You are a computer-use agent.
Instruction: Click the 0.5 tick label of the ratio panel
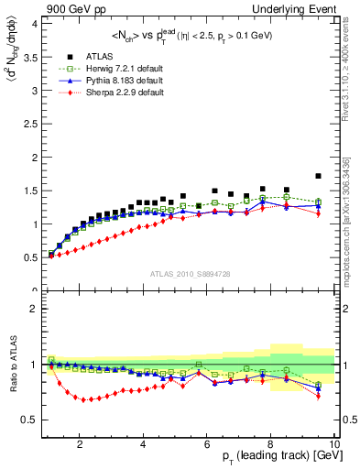[x=30, y=420]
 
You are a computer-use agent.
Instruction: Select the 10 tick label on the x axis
[x=334, y=445]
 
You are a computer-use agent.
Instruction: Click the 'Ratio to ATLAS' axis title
[x=12, y=364]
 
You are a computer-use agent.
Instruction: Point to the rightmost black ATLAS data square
[x=319, y=176]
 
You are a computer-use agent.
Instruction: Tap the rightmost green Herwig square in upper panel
[x=319, y=202]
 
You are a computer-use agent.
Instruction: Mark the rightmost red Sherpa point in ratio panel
[x=319, y=397]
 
